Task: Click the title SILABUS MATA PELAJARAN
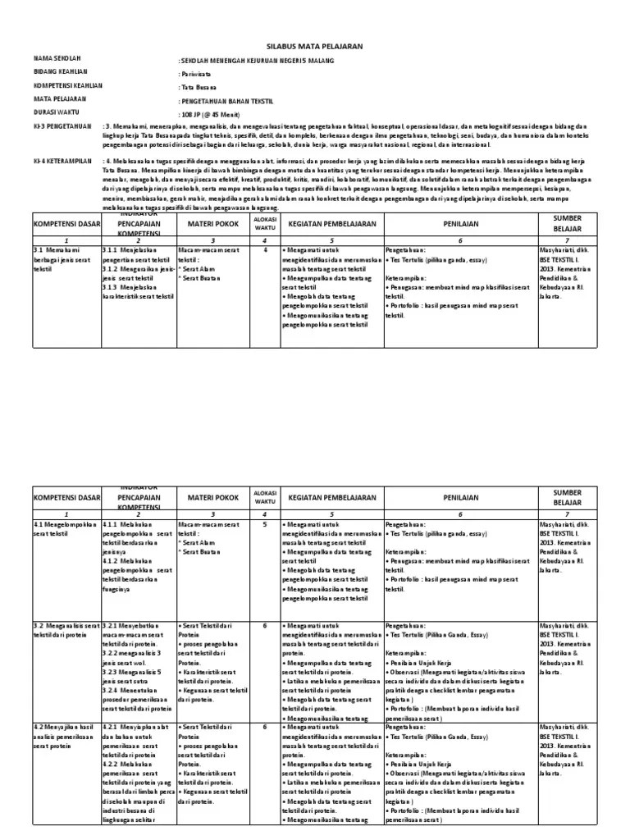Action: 315,48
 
